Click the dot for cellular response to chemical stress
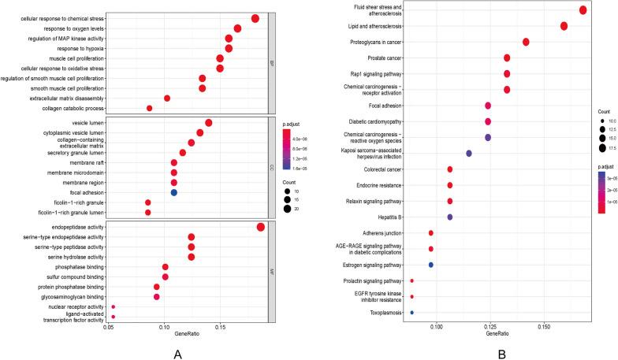click(x=255, y=18)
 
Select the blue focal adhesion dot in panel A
click(x=173, y=214)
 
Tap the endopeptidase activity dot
click(x=260, y=249)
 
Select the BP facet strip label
click(x=273, y=63)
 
